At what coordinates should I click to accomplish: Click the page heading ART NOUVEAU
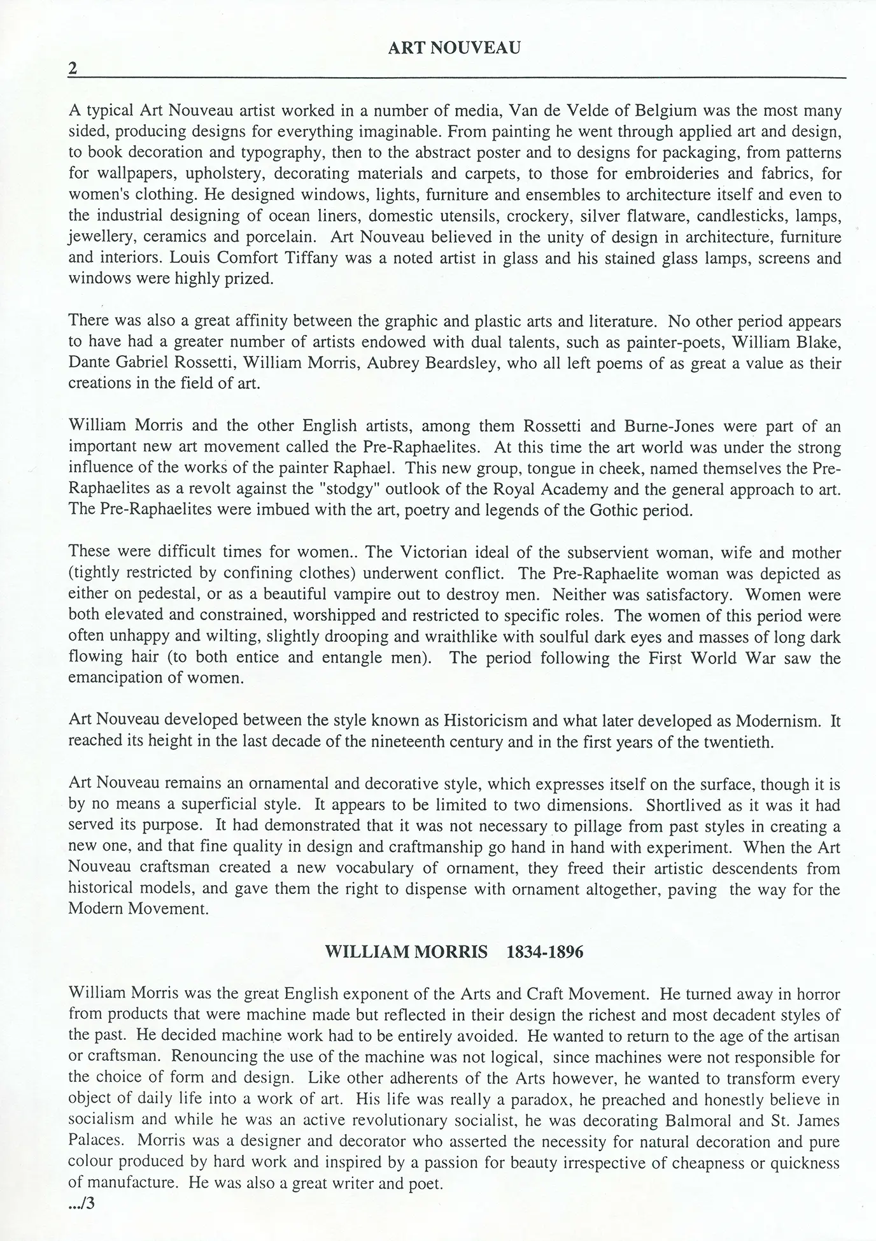[x=454, y=48]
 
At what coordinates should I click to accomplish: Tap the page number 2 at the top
[x=73, y=68]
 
